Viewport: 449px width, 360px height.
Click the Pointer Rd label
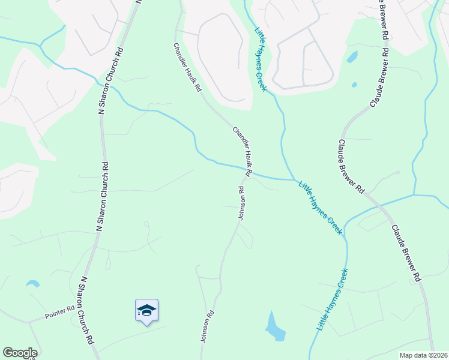pyautogui.click(x=59, y=312)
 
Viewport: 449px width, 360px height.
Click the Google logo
pyautogui.click(x=19, y=353)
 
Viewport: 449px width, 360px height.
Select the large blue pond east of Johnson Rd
pyautogui.click(x=276, y=327)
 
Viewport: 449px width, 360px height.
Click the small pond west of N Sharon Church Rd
pyautogui.click(x=32, y=283)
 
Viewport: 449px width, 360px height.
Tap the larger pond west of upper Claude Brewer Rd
pyautogui.click(x=352, y=57)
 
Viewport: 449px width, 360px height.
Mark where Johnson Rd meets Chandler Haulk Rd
pyautogui.click(x=246, y=175)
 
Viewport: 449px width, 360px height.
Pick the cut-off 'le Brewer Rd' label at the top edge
pyautogui.click(x=382, y=21)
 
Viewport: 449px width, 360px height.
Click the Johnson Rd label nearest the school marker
pyautogui.click(x=207, y=326)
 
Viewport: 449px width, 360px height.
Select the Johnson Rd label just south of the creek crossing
pyautogui.click(x=241, y=203)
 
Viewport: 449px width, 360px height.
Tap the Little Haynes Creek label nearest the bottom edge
pyautogui.click(x=332, y=301)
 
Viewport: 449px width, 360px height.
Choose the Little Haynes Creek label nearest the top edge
pyautogui.click(x=261, y=59)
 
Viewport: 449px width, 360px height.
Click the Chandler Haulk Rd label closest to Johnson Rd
pyautogui.click(x=242, y=148)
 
